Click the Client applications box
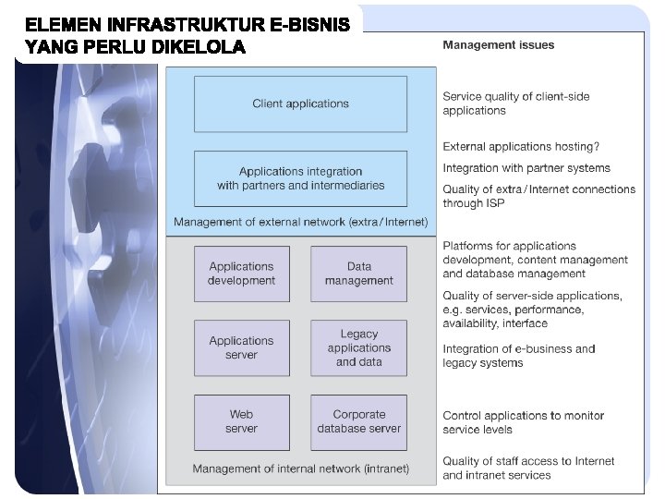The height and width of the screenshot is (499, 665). (x=300, y=103)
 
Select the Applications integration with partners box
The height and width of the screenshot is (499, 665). (x=300, y=178)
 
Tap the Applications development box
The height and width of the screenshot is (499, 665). (x=241, y=274)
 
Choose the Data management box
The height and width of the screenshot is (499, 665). (x=358, y=274)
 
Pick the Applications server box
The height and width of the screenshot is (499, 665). (x=241, y=347)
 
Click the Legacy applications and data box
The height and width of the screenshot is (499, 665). (x=358, y=347)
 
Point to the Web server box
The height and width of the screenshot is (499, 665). (x=241, y=421)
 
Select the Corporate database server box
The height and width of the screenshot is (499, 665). (x=358, y=421)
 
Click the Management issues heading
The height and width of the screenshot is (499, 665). (x=499, y=44)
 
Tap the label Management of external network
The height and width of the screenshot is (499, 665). (x=301, y=222)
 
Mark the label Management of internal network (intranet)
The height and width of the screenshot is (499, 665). (x=300, y=469)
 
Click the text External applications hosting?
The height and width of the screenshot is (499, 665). (x=521, y=146)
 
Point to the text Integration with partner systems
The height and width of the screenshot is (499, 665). (x=526, y=168)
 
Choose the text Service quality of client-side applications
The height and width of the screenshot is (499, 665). (x=516, y=103)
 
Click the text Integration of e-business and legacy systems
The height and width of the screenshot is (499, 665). (x=519, y=356)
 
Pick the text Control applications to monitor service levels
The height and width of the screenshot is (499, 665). (x=523, y=422)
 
